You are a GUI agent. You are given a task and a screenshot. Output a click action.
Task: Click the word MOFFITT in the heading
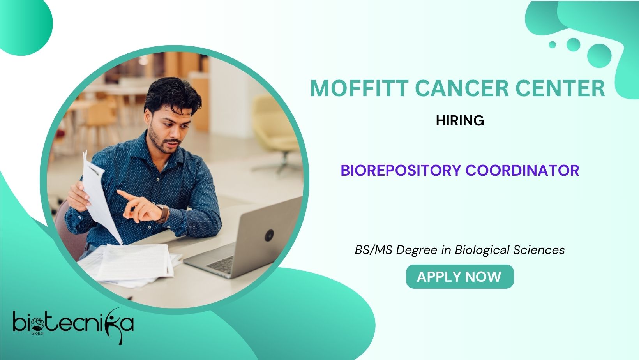359,88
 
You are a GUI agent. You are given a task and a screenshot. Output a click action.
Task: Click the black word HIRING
460,121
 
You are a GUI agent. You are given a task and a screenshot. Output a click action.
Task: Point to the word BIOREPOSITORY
401,170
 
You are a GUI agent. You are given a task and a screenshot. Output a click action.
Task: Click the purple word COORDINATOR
522,170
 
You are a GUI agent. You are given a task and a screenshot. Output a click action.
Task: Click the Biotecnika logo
73,325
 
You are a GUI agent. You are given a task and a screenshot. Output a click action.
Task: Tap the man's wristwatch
163,213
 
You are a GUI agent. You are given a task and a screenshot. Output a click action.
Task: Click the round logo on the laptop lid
269,235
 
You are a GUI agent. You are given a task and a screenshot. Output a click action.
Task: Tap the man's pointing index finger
125,195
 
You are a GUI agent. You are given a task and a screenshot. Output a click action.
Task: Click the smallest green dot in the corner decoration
552,45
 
